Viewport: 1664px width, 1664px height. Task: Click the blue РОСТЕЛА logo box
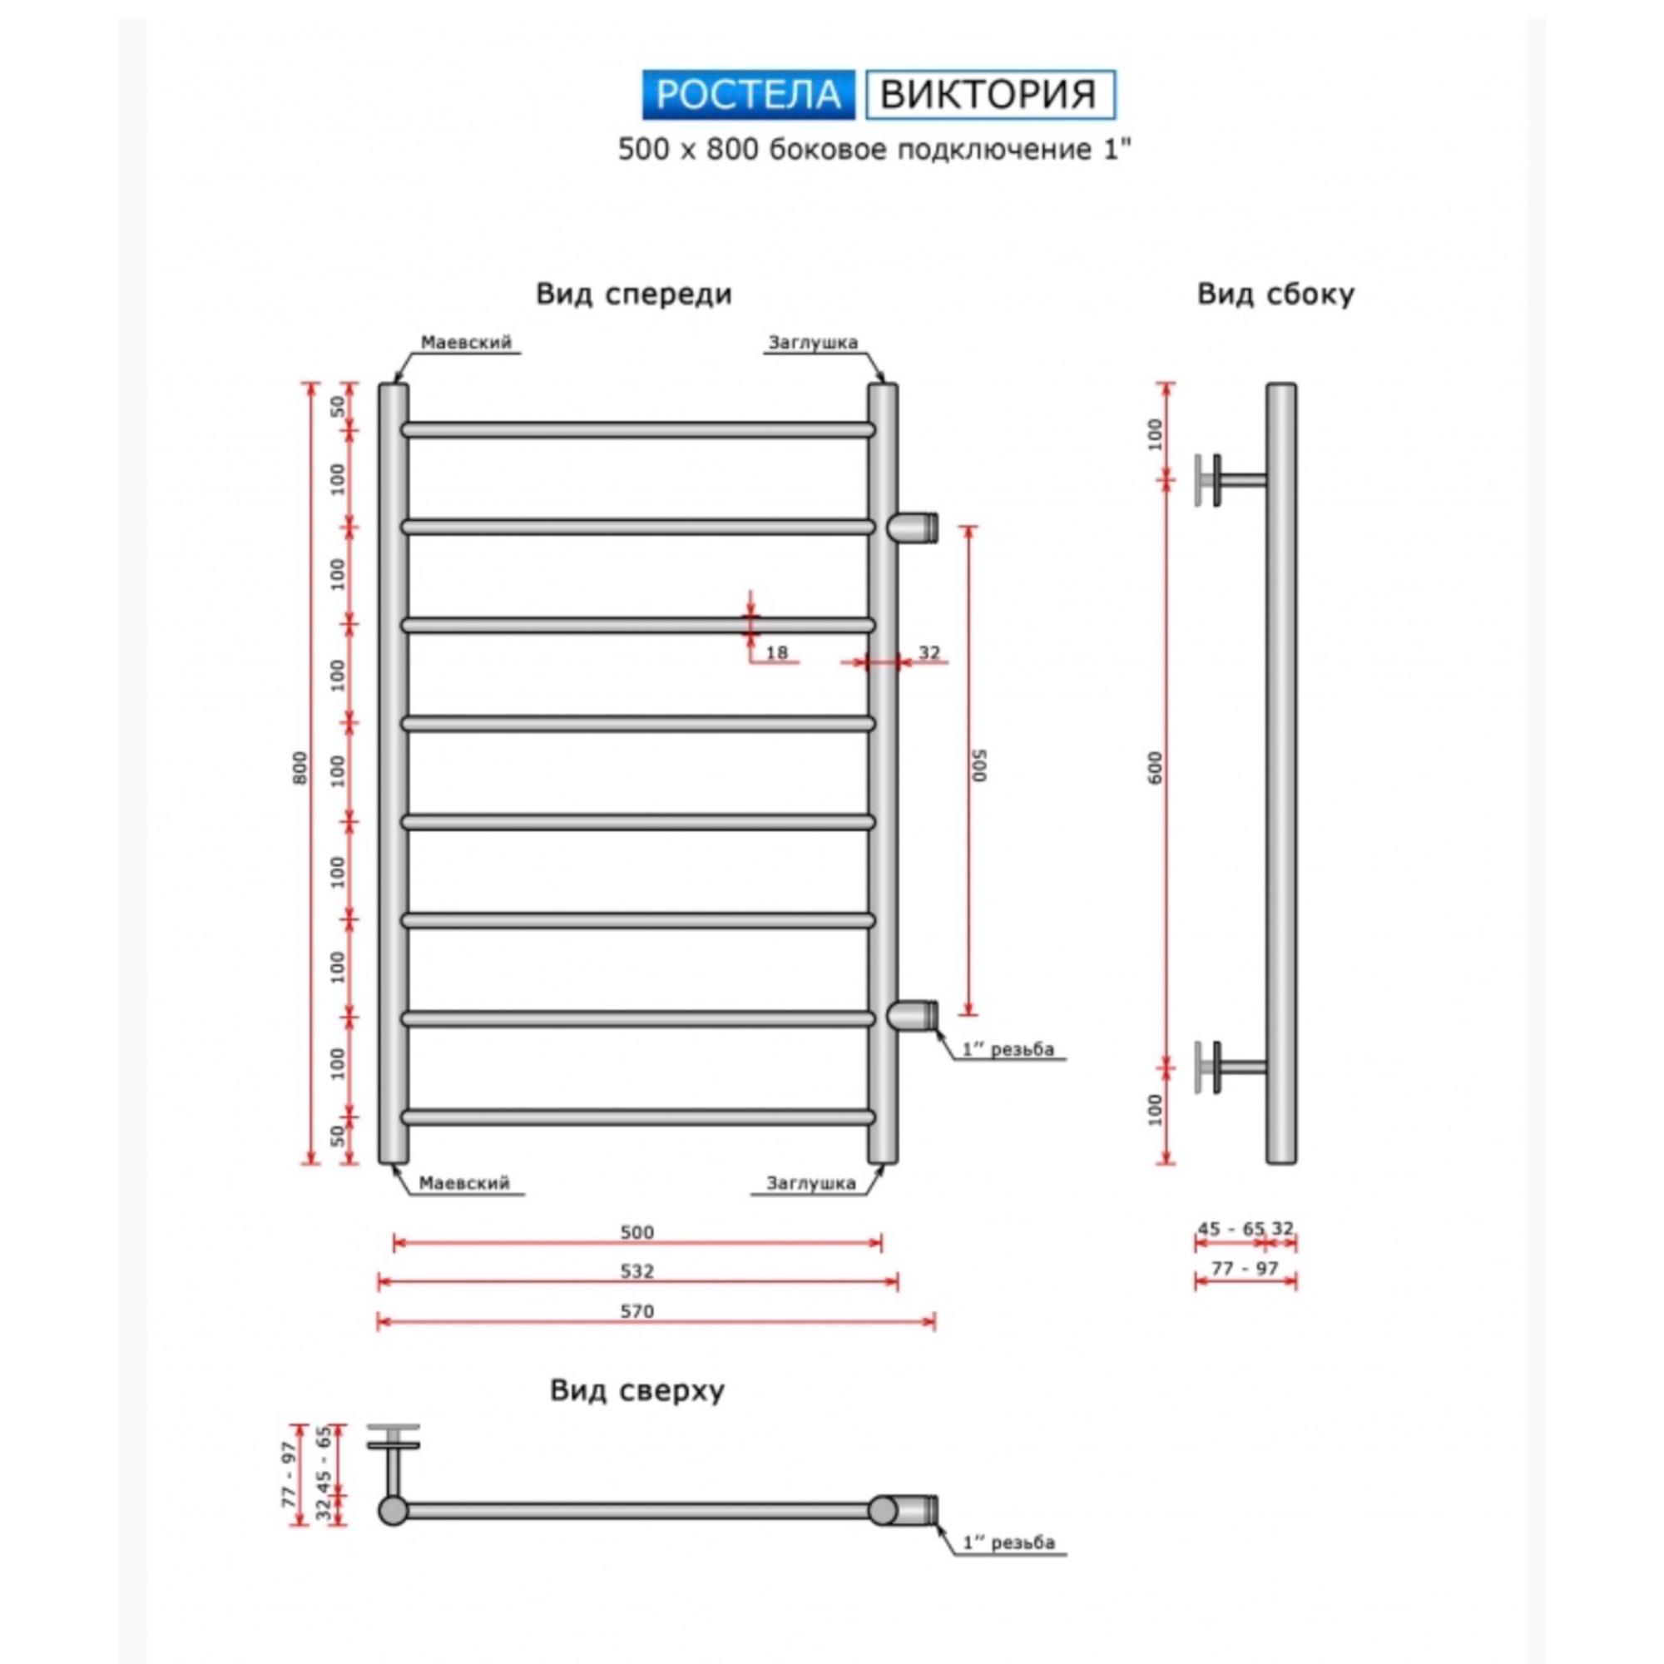coord(749,95)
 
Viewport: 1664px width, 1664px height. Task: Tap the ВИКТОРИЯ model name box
coord(989,95)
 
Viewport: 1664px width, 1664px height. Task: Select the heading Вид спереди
coord(634,295)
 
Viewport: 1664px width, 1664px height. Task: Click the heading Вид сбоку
coord(1275,295)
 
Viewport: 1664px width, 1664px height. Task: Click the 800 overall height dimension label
coord(300,767)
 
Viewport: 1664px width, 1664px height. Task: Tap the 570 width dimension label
coord(637,1311)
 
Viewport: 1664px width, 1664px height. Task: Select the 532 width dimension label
coord(637,1271)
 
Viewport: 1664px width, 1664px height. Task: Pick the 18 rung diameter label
coord(777,653)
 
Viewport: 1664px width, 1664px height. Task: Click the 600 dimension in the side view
coord(1155,767)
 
